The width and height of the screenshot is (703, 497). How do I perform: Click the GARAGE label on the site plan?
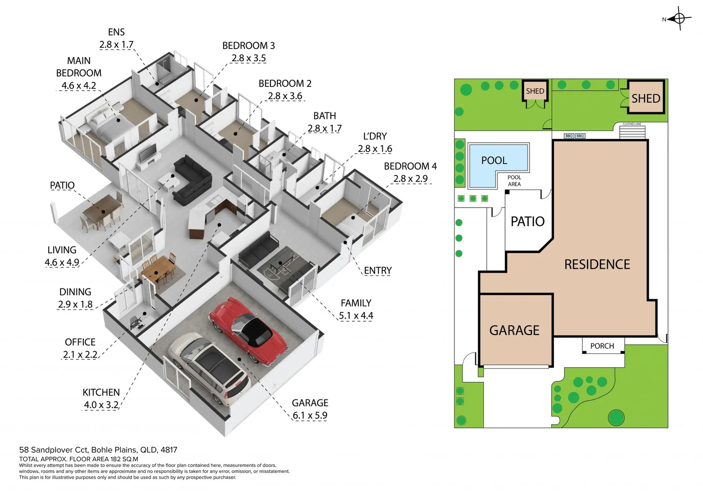(x=514, y=330)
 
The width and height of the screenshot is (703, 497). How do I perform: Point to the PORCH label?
(x=602, y=346)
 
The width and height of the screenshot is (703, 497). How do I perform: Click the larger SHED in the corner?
(x=646, y=98)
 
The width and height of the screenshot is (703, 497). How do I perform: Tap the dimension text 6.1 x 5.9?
(x=310, y=416)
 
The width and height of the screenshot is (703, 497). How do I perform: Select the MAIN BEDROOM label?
(x=79, y=67)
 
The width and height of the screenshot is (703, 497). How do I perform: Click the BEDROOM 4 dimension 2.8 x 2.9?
(x=410, y=179)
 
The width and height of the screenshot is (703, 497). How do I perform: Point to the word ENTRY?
(x=378, y=271)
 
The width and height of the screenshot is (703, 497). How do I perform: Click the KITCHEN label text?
(x=101, y=393)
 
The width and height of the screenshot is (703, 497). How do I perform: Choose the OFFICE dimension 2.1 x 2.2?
(x=80, y=355)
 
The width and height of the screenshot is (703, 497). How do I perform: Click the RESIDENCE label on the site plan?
(x=597, y=265)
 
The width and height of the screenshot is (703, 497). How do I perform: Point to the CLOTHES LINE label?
(x=632, y=124)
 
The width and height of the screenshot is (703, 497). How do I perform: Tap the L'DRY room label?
(x=375, y=136)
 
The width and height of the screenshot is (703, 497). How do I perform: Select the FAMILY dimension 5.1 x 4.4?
(x=356, y=316)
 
